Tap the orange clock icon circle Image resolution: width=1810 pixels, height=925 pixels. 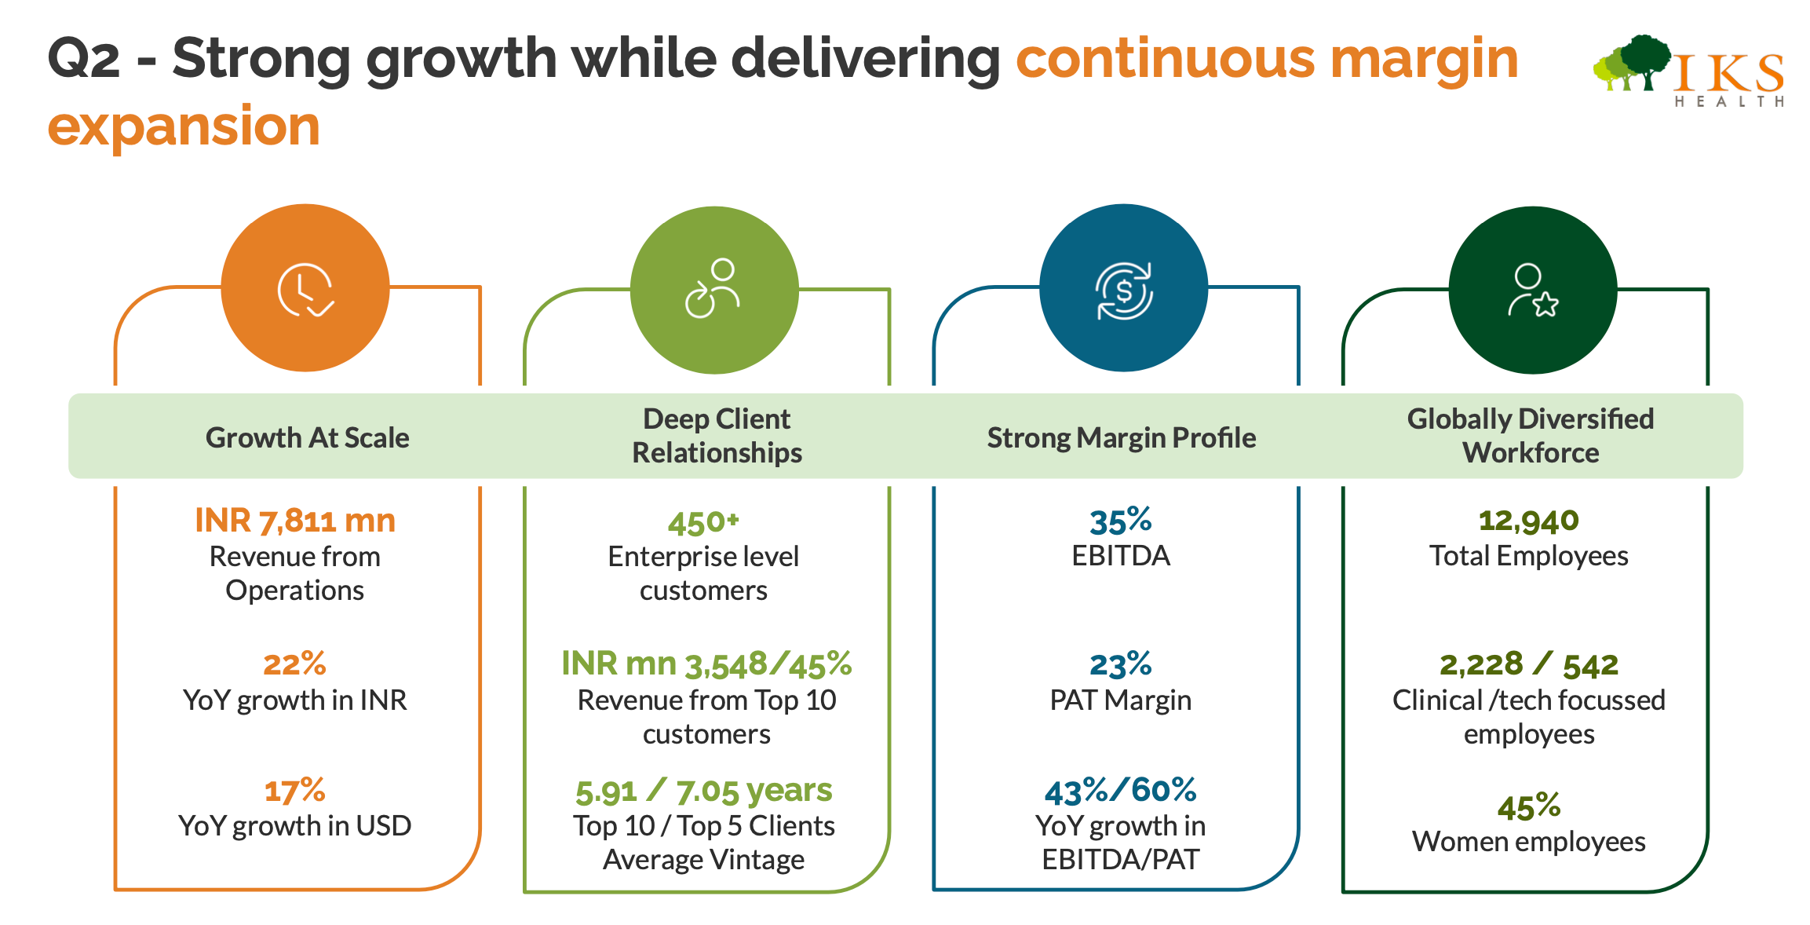click(305, 288)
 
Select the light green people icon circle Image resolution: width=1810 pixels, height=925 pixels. click(714, 290)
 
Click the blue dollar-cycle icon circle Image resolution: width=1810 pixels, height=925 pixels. click(1123, 288)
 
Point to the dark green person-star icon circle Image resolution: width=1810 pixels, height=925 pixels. click(1532, 290)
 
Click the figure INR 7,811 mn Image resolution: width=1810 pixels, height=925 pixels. click(295, 521)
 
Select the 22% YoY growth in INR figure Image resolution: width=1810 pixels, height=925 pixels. click(294, 664)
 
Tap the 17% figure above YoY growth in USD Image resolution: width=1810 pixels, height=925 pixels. click(294, 791)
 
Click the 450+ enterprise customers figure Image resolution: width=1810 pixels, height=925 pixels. click(703, 523)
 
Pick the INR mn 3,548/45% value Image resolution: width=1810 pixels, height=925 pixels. click(706, 664)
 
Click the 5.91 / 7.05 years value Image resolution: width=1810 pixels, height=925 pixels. click(703, 791)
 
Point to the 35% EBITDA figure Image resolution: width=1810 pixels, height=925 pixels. click(1120, 521)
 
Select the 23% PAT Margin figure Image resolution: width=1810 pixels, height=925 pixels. click(1120, 665)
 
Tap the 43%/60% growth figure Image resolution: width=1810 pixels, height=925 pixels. click(1120, 791)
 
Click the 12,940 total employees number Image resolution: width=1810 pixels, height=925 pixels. click(1528, 521)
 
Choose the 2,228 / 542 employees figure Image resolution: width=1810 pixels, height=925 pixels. click(1528, 665)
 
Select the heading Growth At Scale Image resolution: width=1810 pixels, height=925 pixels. click(308, 437)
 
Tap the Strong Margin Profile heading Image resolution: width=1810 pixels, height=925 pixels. click(1121, 437)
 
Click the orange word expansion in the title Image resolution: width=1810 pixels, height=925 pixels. click(184, 126)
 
